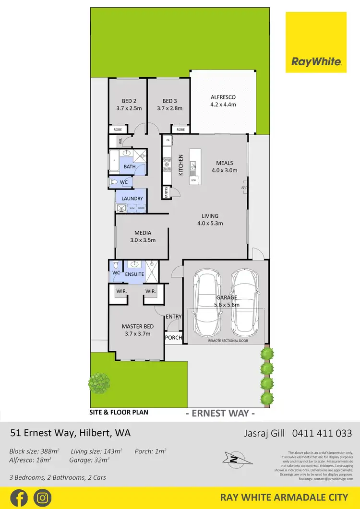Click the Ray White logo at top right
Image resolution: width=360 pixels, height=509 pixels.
click(316, 42)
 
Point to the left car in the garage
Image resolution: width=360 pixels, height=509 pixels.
click(206, 304)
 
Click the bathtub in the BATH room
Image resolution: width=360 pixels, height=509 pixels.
click(115, 161)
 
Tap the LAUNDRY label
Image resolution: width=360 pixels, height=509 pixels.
click(132, 198)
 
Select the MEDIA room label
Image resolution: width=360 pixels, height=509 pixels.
click(143, 233)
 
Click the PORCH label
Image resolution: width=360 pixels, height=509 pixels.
click(173, 338)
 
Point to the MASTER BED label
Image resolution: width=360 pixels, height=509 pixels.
click(137, 327)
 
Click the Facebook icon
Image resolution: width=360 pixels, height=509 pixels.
click(19, 497)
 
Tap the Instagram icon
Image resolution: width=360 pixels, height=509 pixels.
click(43, 497)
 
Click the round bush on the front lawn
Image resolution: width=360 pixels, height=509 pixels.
click(99, 383)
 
